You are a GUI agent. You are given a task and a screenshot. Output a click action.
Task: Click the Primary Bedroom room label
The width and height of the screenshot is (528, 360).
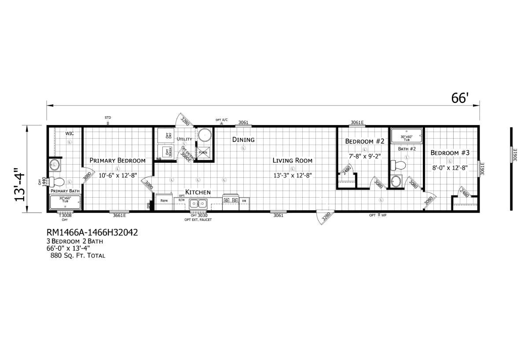pyautogui.click(x=117, y=160)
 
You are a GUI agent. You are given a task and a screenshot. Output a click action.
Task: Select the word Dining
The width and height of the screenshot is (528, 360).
pyautogui.click(x=243, y=140)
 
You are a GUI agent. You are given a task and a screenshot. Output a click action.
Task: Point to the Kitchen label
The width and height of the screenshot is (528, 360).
pyautogui.click(x=198, y=192)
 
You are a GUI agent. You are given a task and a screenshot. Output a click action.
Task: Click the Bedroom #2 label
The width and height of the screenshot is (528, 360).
pyautogui.click(x=365, y=141)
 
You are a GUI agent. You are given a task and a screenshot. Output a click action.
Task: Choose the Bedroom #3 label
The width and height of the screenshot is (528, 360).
pyautogui.click(x=450, y=153)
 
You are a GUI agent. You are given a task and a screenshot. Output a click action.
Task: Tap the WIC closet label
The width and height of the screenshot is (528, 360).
pyautogui.click(x=70, y=133)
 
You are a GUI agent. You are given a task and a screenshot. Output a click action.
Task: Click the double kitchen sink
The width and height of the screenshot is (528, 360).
pyautogui.click(x=198, y=204)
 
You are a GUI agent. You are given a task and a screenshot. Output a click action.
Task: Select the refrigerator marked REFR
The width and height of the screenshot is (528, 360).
pyautogui.click(x=165, y=201)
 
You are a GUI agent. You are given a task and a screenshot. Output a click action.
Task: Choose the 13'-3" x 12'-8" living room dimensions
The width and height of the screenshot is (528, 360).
pyautogui.click(x=292, y=175)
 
